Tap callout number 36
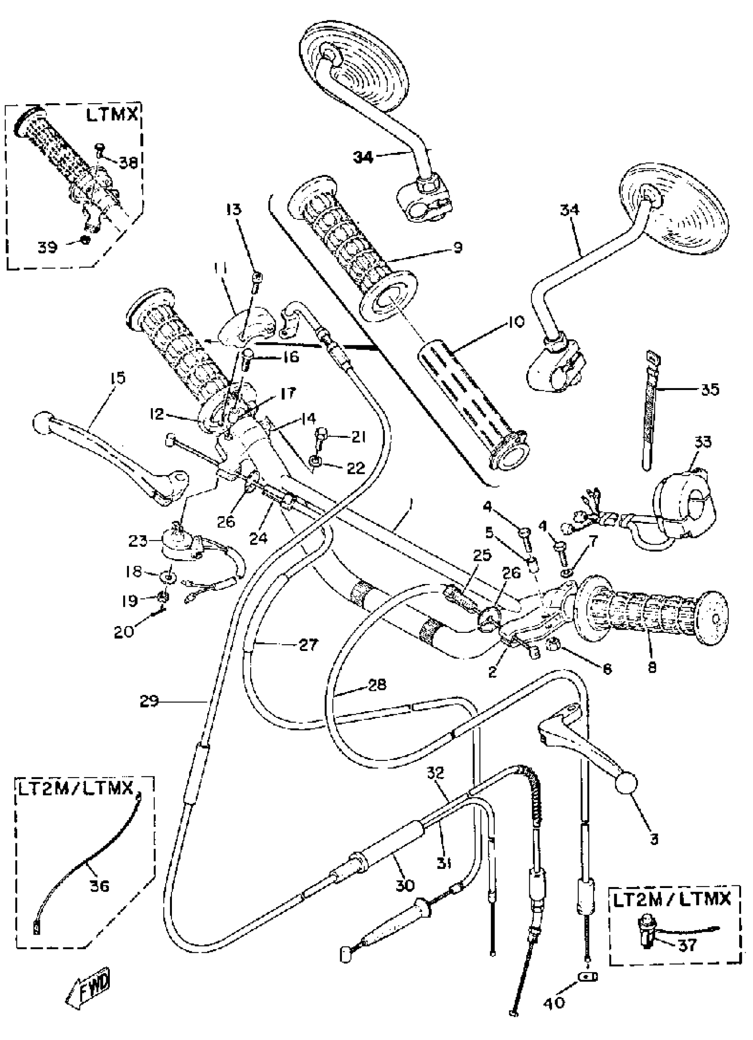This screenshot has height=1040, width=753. pyautogui.click(x=100, y=886)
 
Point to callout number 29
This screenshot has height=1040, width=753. pyautogui.click(x=149, y=701)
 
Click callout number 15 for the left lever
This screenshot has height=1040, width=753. pyautogui.click(x=117, y=378)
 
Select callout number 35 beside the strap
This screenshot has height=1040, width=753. pyautogui.click(x=710, y=390)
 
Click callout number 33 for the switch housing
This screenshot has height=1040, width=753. pyautogui.click(x=703, y=443)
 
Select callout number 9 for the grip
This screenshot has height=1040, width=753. pyautogui.click(x=457, y=247)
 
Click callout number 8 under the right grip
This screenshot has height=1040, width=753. pyautogui.click(x=651, y=667)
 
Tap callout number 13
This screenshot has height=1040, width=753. pyautogui.click(x=233, y=210)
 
